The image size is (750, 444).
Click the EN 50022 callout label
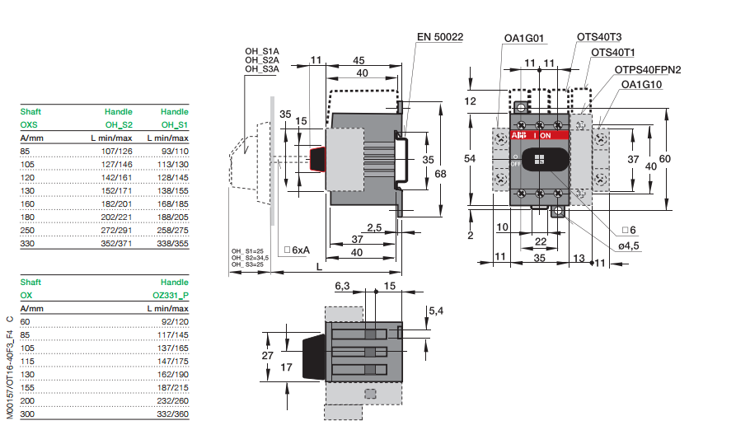pyautogui.click(x=439, y=37)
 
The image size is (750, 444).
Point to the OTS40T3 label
pyautogui.click(x=599, y=37)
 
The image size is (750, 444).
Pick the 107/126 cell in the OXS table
pyautogui.click(x=116, y=151)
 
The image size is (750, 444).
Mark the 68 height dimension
pyautogui.click(x=441, y=173)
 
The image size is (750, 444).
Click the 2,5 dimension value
pyautogui.click(x=374, y=227)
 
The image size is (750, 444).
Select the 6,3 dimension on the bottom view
pyautogui.click(x=343, y=286)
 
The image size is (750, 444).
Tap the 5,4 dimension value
pyautogui.click(x=436, y=311)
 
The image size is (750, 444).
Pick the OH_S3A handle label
pyautogui.click(x=261, y=69)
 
